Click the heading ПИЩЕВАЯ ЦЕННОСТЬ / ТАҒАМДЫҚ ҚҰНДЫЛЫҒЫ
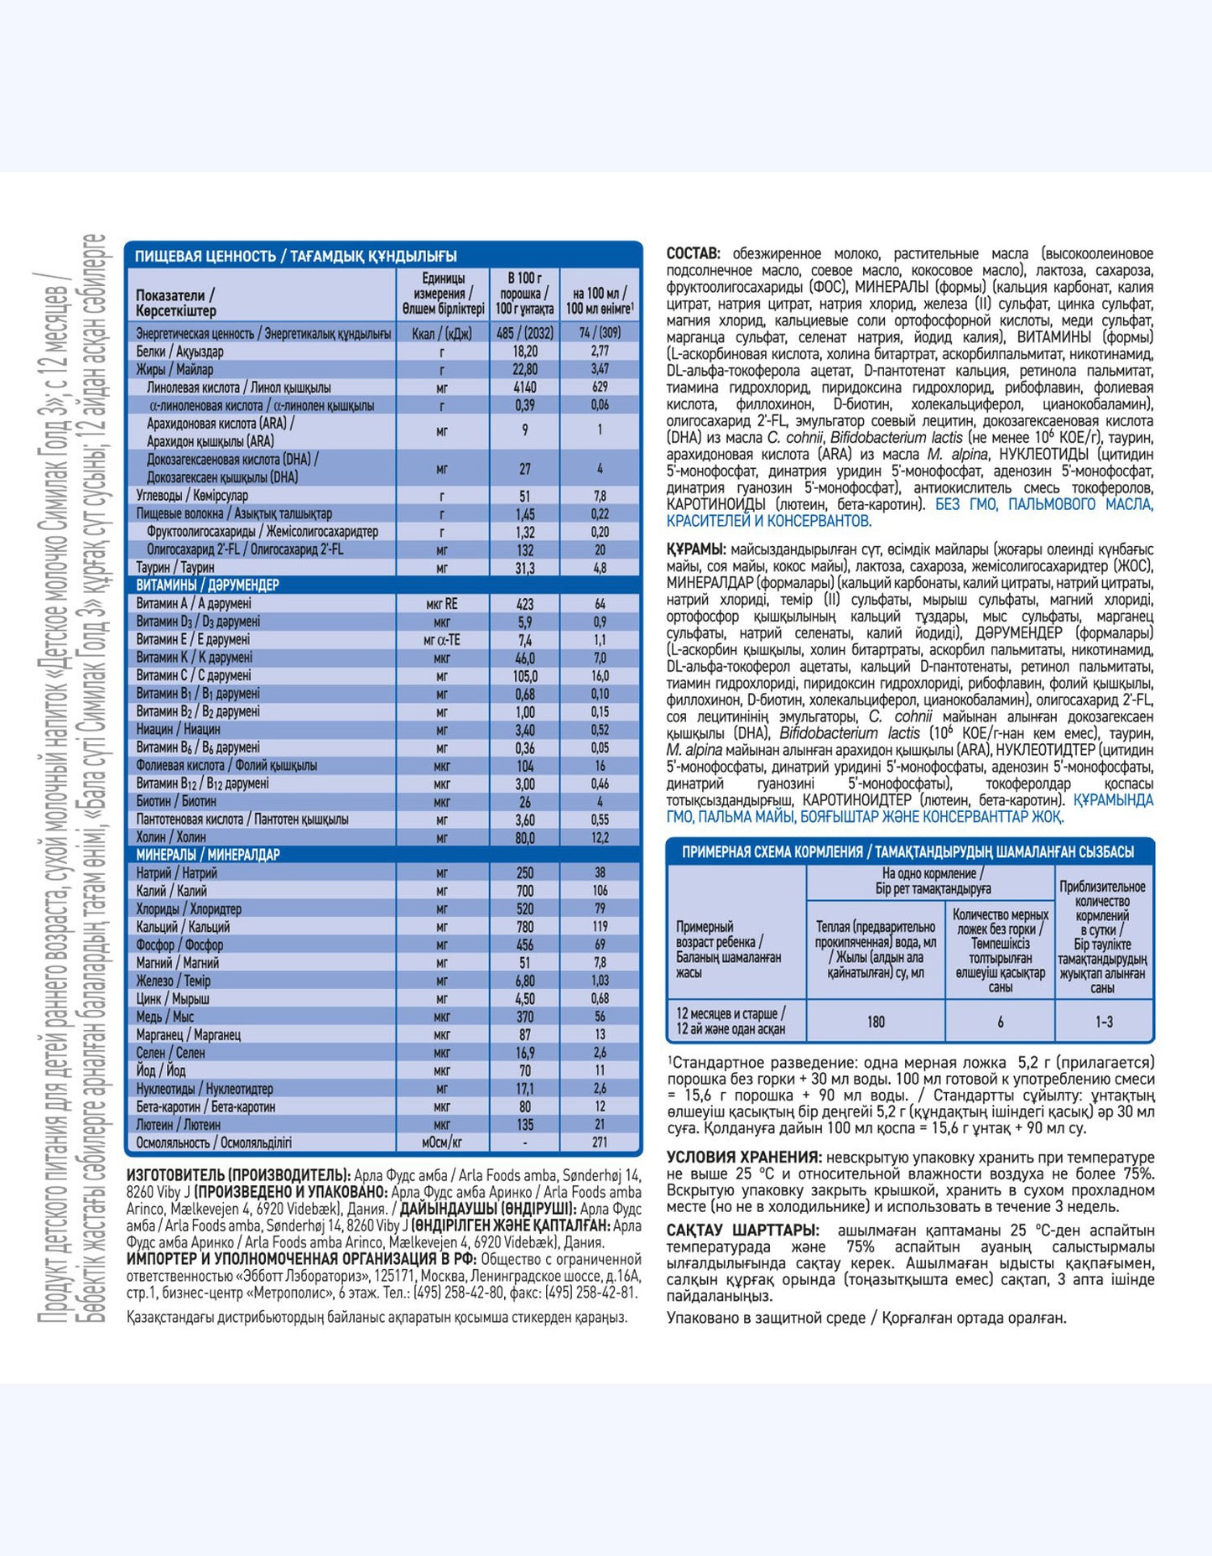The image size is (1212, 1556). (x=296, y=256)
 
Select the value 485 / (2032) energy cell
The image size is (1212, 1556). (x=524, y=333)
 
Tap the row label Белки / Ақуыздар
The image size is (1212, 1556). (x=179, y=351)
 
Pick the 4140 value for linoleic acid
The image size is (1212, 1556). (x=524, y=388)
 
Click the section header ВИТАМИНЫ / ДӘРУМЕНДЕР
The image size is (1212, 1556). (x=208, y=585)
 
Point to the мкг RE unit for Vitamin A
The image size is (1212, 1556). (x=441, y=604)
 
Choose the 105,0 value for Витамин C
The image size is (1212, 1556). (x=524, y=676)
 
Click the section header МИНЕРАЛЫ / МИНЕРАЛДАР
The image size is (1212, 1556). (x=208, y=855)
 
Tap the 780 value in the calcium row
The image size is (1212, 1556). (x=524, y=927)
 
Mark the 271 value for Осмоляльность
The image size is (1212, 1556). (x=600, y=1142)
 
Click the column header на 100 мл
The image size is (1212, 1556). (x=600, y=300)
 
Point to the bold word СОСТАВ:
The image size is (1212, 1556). (x=693, y=253)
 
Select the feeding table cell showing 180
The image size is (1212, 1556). (x=876, y=1022)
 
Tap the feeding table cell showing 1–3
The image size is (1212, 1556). (x=1104, y=1022)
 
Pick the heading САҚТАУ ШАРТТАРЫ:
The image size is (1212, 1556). (x=742, y=1231)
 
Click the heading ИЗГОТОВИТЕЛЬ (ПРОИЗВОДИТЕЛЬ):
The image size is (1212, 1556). (x=238, y=1175)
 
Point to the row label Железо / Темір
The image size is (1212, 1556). (x=174, y=981)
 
